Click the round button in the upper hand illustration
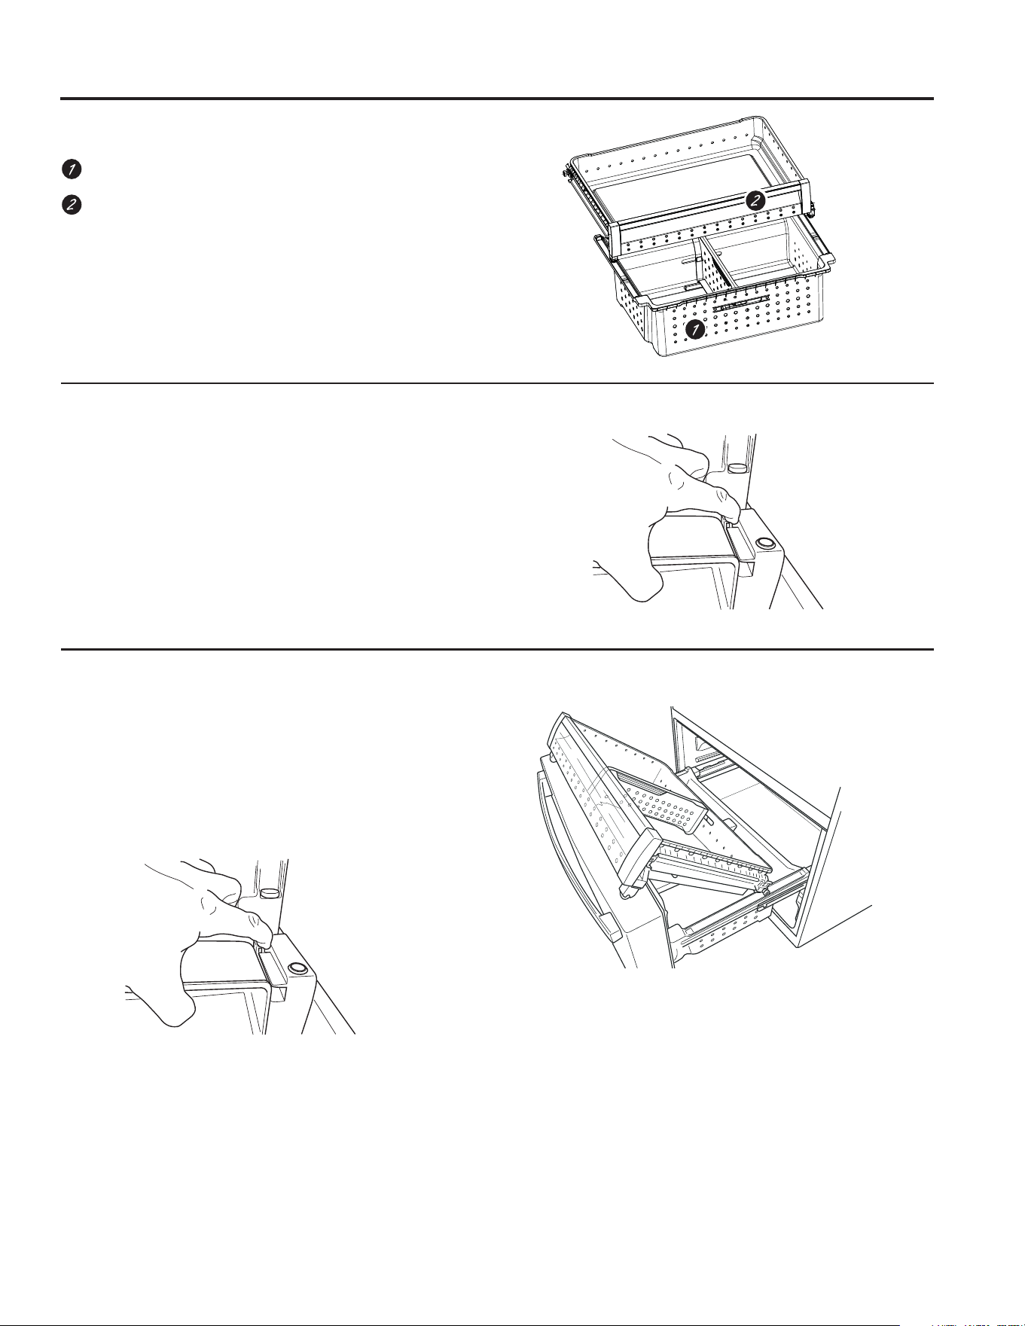click(764, 543)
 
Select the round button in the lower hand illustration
click(297, 968)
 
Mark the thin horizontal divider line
click(497, 383)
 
